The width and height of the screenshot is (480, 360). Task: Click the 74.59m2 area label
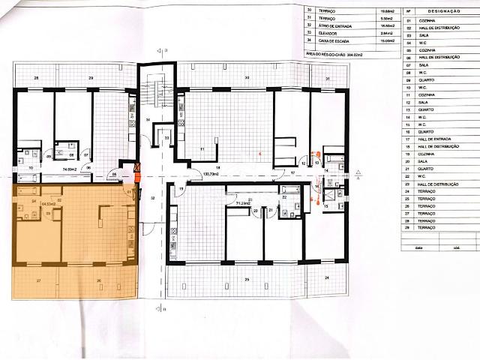click(x=70, y=170)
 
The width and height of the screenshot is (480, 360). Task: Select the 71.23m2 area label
click(x=243, y=203)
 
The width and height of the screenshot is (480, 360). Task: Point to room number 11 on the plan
click(x=202, y=149)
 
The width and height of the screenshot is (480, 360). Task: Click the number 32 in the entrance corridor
click(x=152, y=198)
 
